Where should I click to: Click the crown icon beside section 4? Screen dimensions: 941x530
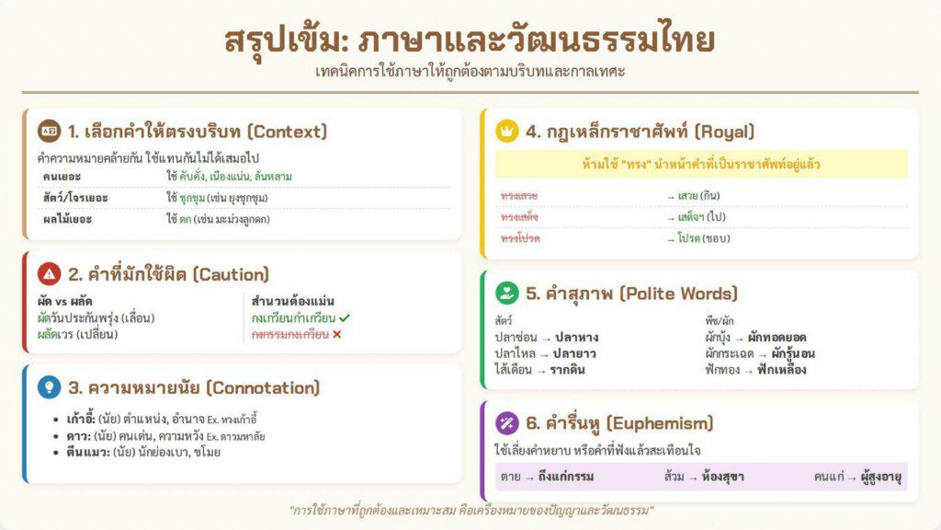click(507, 131)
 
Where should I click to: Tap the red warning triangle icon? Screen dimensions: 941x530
click(50, 274)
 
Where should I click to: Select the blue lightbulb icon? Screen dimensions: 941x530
click(50, 387)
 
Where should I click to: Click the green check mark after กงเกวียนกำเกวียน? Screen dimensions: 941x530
click(344, 317)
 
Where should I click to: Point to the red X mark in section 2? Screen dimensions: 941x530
click(336, 334)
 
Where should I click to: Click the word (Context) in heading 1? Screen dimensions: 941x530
click(288, 132)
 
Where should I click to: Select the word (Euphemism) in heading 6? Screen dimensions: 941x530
click(660, 423)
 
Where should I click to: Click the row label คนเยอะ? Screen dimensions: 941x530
click(62, 177)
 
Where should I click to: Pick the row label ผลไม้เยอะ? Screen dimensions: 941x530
click(67, 219)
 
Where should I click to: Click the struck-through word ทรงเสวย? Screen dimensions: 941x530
click(519, 196)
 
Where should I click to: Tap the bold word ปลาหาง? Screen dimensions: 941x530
click(577, 337)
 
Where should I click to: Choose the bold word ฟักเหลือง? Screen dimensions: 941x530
click(781, 370)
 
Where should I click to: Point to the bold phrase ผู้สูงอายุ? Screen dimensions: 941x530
click(881, 478)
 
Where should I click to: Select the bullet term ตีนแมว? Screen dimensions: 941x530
click(87, 452)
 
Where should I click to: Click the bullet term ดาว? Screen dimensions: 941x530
click(79, 435)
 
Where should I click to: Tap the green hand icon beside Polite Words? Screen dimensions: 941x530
click(507, 293)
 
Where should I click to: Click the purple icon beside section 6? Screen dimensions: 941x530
click(507, 423)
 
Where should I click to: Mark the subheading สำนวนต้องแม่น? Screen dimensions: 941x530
click(293, 301)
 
